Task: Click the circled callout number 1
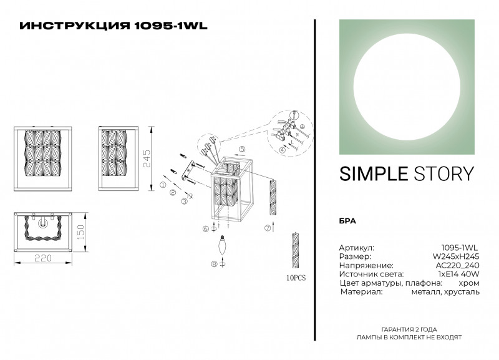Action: pos(163,186)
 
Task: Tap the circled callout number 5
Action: pos(242,149)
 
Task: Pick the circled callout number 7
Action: pos(268,228)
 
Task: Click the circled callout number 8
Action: pos(215,265)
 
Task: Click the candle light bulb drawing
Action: pos(221,246)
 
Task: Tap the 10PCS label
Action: pos(295,275)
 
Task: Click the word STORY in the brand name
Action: pos(443,174)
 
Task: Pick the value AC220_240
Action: pos(457,265)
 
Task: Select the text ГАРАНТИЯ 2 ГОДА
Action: pos(409,329)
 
